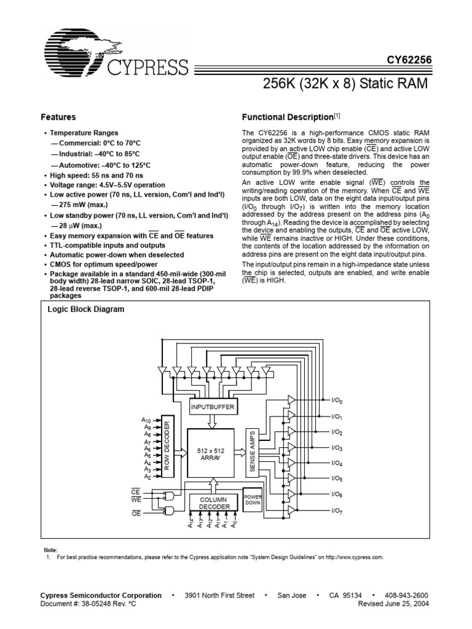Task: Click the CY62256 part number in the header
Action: tap(409, 60)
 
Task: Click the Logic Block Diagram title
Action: tap(86, 310)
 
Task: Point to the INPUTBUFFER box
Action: tap(213, 407)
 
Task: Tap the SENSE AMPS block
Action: tap(252, 451)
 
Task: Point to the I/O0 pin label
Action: tap(337, 401)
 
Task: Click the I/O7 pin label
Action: tap(337, 510)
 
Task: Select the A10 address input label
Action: tap(147, 420)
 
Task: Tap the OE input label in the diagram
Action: tap(136, 512)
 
